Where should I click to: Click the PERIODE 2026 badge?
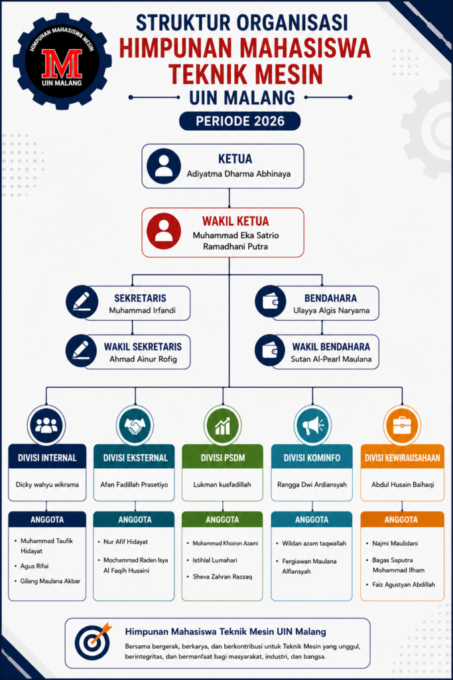click(x=240, y=121)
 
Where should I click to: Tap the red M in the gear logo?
click(x=62, y=63)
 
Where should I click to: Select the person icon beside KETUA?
click(x=164, y=166)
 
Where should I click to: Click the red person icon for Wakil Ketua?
click(x=164, y=230)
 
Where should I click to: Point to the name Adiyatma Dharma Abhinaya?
click(x=239, y=174)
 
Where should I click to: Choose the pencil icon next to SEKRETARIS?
click(x=82, y=302)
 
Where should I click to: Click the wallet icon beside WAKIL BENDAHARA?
click(x=271, y=351)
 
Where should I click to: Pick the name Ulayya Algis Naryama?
click(x=332, y=311)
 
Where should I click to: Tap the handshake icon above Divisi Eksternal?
click(x=135, y=426)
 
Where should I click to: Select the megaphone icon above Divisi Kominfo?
click(x=312, y=426)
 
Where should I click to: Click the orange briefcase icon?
click(x=402, y=426)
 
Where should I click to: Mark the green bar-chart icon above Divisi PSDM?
click(x=223, y=426)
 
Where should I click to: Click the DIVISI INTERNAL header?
click(x=47, y=457)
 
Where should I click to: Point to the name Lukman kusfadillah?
click(x=222, y=484)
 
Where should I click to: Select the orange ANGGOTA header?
click(x=402, y=519)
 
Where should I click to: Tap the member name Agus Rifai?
click(x=34, y=566)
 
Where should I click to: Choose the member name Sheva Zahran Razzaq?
click(x=222, y=577)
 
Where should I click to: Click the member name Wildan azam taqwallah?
click(x=314, y=543)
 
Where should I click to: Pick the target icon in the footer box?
click(x=92, y=641)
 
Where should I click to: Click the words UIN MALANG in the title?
click(x=242, y=98)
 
